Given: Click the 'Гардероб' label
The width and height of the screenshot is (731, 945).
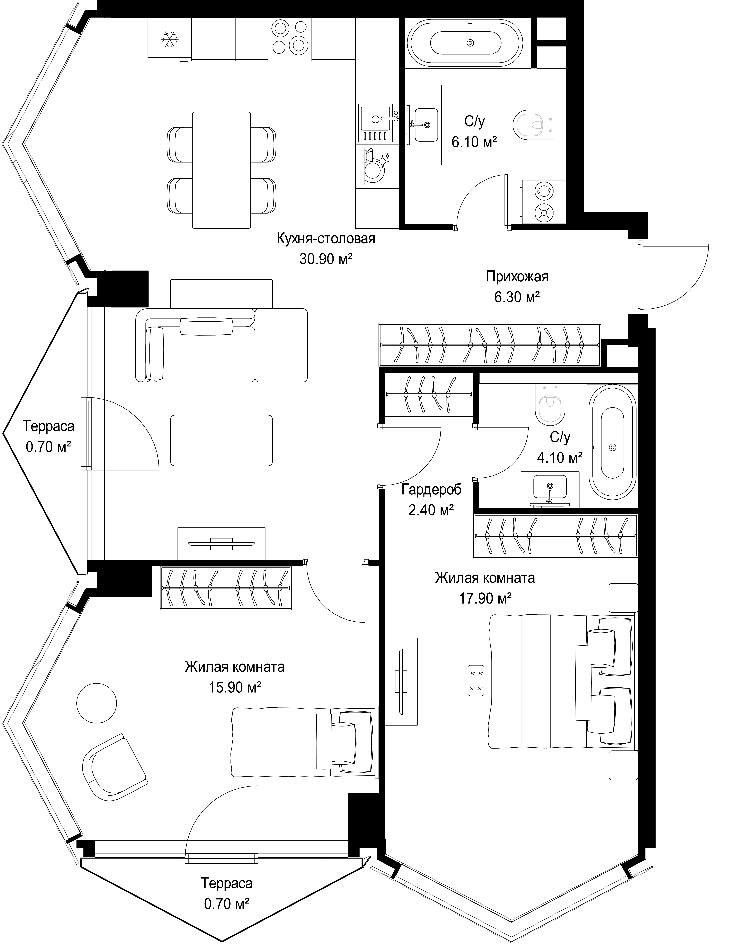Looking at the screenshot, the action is [431, 490].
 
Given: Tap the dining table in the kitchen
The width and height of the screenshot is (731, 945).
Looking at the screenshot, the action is [221, 170].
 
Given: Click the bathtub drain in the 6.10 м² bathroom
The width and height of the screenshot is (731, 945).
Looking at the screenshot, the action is [470, 42].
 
